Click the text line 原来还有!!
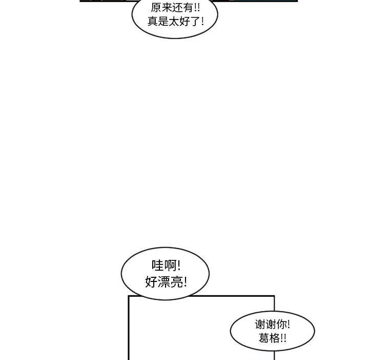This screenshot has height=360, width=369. [x=175, y=8]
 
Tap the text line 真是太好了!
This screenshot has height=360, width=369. [x=176, y=22]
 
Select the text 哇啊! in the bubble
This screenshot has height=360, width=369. [x=166, y=266]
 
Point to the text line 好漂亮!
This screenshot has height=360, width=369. [x=166, y=282]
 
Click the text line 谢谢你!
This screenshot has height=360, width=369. [x=272, y=325]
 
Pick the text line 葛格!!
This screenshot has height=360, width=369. [x=272, y=338]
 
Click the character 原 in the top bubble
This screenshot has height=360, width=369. [x=156, y=8]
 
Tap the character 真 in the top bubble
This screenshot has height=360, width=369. [x=153, y=22]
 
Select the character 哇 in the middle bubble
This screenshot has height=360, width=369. [x=157, y=266]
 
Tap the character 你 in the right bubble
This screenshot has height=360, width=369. [x=281, y=325]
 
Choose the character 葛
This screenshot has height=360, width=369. [x=264, y=338]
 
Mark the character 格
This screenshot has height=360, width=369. [x=274, y=338]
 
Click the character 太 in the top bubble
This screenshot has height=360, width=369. [x=174, y=22]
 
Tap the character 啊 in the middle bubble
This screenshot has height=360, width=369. [x=170, y=266]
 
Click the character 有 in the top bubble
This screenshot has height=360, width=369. [x=188, y=8]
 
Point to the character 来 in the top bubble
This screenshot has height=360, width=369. [x=167, y=8]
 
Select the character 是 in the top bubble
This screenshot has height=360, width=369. [x=163, y=22]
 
